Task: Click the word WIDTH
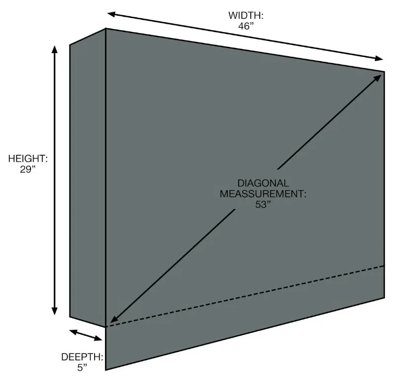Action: pos(245,16)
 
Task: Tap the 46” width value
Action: pos(245,26)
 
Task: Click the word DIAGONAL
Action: pos(263,183)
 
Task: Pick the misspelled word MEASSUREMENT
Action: pos(263,194)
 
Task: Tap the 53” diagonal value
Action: pos(263,204)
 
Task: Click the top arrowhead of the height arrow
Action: pos(55,49)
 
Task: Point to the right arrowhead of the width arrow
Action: pos(378,59)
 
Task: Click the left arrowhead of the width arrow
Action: pos(112,14)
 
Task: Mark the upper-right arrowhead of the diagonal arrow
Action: pos(380,75)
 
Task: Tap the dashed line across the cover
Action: pos(246,296)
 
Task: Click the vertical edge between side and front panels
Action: pos(106,177)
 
